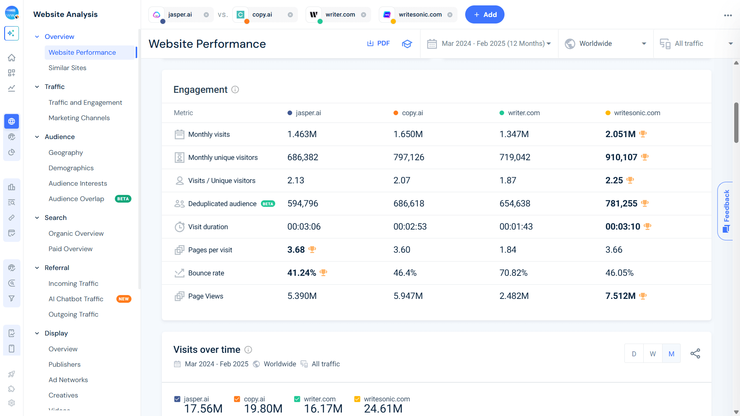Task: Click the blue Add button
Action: (484, 15)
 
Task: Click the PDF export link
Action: (378, 44)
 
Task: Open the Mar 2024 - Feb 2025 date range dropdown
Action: (489, 44)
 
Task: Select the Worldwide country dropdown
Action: (605, 44)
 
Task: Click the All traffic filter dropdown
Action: (696, 44)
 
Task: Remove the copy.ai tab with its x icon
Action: (290, 15)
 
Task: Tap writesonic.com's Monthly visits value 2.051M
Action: (620, 134)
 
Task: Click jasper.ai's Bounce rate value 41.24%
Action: (301, 273)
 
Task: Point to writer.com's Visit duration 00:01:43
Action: (516, 226)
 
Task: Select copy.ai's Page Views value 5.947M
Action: (408, 296)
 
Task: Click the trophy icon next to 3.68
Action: (312, 250)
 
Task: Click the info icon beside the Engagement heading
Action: (235, 90)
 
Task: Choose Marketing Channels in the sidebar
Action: (79, 118)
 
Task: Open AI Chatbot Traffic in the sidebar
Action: (76, 299)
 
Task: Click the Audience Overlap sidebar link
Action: (76, 199)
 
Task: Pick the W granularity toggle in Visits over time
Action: (653, 354)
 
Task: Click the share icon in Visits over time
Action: (695, 354)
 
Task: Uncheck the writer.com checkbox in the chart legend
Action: (297, 399)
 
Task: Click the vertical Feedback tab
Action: (726, 211)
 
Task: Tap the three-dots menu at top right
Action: (728, 15)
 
